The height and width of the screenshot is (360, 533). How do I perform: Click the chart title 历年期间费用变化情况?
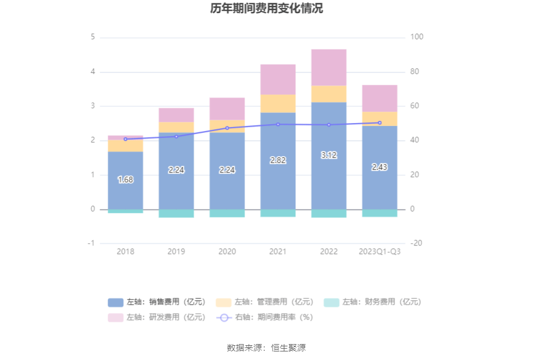pos(266,9)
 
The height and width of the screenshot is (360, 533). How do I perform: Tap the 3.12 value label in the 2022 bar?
pos(329,155)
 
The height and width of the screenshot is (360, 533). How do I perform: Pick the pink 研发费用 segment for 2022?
pos(329,67)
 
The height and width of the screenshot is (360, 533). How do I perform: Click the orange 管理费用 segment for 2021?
pos(278,103)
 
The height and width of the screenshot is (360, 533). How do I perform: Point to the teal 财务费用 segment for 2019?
pos(176,214)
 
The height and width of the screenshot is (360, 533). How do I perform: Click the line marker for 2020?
pos(227,128)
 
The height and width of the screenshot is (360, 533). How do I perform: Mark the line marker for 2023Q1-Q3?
pos(380,123)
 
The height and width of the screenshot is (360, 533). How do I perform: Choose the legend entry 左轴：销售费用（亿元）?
pos(157,302)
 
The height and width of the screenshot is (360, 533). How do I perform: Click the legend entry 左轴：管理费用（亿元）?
pos(265,302)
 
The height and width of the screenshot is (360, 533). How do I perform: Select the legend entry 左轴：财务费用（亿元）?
pos(373,302)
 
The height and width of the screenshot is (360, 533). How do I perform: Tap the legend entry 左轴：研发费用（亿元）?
pos(157,317)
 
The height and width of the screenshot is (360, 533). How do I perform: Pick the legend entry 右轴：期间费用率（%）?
pos(265,317)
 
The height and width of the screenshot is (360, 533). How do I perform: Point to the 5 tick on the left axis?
pos(92,37)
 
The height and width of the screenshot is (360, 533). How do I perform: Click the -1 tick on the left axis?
pos(91,243)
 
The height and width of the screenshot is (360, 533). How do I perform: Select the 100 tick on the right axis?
pos(417,37)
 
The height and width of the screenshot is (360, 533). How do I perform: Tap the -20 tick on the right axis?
pos(416,243)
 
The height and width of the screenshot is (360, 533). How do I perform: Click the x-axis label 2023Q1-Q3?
pos(380,251)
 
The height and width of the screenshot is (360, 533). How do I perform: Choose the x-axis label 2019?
pos(176,251)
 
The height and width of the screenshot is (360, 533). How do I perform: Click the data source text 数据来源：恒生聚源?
pos(266,347)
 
